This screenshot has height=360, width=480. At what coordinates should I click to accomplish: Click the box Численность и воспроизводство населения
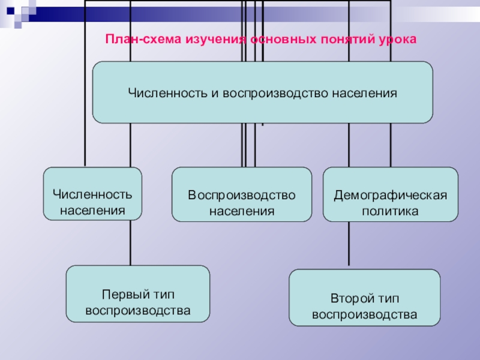click(x=262, y=92)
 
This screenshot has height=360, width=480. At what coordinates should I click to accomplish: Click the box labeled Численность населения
click(x=92, y=194)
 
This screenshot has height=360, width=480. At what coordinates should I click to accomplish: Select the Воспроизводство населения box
click(x=242, y=194)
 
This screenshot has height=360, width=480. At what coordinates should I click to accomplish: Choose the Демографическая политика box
click(x=391, y=194)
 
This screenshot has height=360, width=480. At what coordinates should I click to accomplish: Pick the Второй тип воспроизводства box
click(x=365, y=298)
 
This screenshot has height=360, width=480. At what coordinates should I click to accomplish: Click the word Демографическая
click(x=391, y=196)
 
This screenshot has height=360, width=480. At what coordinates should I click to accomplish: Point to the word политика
click(x=391, y=211)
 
